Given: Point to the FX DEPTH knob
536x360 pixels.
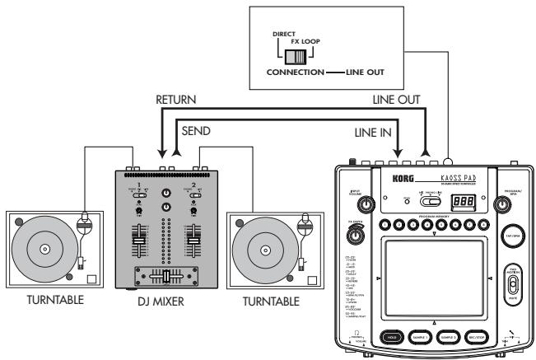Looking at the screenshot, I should [356, 237].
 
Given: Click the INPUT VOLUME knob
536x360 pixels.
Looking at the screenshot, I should [355, 203].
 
